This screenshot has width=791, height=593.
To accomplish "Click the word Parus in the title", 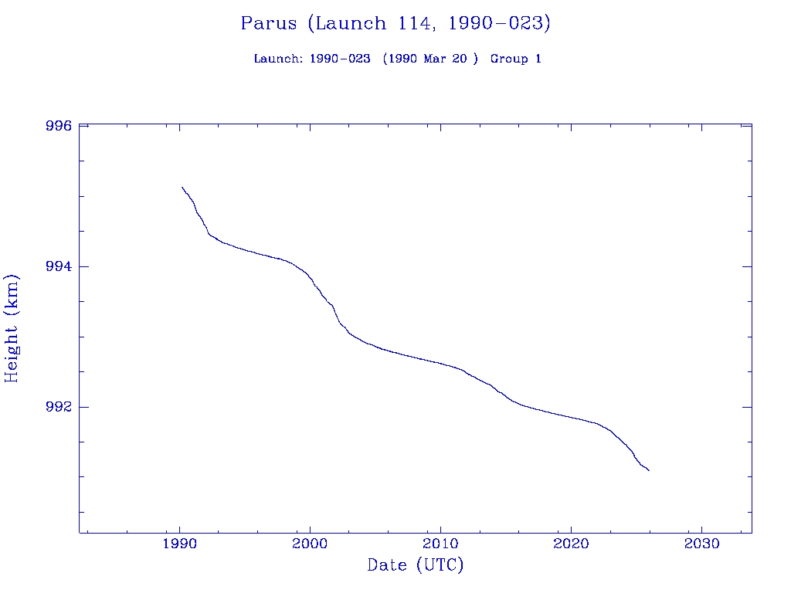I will click(x=268, y=23).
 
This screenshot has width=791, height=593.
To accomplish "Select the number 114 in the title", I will click(x=415, y=23).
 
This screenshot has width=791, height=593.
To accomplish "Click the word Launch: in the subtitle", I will click(x=278, y=59).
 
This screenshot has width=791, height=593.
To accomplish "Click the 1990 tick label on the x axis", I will click(x=179, y=544).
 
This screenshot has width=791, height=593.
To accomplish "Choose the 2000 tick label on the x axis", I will click(x=310, y=544).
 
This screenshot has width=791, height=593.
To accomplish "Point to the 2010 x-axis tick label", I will click(x=440, y=544).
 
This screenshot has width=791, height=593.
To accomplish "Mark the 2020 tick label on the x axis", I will click(x=571, y=544).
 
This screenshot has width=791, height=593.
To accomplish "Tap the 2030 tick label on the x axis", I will click(x=701, y=544).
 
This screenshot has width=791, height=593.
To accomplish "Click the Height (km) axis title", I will click(x=12, y=328).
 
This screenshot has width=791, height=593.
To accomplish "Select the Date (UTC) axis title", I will click(x=416, y=565).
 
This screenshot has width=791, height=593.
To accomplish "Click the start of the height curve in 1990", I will click(x=182, y=187).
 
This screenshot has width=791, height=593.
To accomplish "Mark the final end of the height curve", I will click(x=649, y=470).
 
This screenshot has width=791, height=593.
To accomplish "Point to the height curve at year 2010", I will click(x=440, y=362).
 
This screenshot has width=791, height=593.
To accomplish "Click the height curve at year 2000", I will click(x=310, y=276).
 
